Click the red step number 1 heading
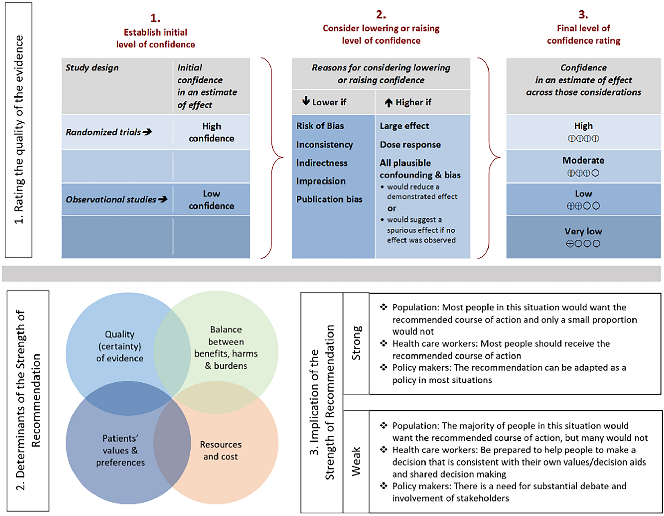click(155, 18)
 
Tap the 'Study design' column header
click(92, 68)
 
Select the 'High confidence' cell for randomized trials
click(211, 132)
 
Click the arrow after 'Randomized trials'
click(147, 132)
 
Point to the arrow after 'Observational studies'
click(163, 199)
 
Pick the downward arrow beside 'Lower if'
click(306, 101)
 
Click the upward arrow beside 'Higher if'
click(388, 102)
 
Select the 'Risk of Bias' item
click(320, 126)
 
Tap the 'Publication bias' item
click(329, 199)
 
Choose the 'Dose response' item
click(410, 145)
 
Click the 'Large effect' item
click(404, 126)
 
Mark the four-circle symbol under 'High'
click(583, 138)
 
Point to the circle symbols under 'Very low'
click(583, 243)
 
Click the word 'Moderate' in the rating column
click(583, 160)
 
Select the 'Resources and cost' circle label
click(221, 450)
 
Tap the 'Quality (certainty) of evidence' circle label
click(120, 346)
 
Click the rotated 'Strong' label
click(356, 343)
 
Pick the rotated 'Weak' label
click(356, 461)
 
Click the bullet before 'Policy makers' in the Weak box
click(383, 486)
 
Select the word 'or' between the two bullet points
click(392, 208)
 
